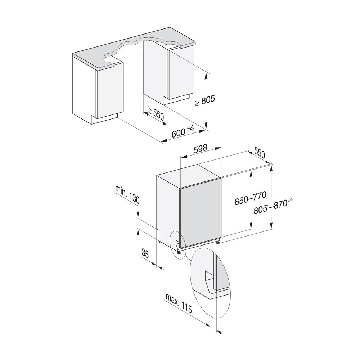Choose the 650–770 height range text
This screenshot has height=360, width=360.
[250, 199]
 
